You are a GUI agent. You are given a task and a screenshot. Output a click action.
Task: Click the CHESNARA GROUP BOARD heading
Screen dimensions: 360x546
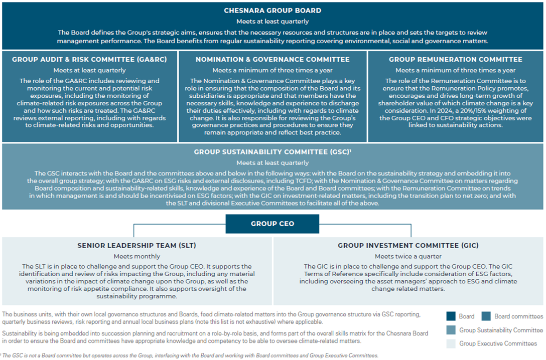click(272, 10)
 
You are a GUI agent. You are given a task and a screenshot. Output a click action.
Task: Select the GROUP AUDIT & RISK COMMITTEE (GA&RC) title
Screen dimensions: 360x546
click(89, 59)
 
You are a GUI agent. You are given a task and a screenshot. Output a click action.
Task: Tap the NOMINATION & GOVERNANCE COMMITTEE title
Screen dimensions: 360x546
click(272, 59)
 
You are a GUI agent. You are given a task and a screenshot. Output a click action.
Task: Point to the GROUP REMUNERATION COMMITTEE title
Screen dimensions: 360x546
click(455, 59)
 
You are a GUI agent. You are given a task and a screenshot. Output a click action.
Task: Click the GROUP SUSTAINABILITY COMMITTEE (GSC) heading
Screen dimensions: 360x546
click(272, 152)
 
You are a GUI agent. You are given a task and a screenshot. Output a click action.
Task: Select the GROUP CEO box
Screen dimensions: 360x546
click(272, 224)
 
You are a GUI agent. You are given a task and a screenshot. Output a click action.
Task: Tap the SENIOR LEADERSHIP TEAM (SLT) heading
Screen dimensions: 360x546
click(136, 246)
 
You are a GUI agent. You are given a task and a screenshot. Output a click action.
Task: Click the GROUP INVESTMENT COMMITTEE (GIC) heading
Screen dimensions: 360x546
click(408, 246)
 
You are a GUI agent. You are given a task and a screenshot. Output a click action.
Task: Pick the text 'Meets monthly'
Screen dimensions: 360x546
click(136, 256)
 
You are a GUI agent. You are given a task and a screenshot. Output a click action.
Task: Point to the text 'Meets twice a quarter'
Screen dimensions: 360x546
click(408, 256)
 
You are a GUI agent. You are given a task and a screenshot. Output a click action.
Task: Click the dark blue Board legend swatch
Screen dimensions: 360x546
click(451, 316)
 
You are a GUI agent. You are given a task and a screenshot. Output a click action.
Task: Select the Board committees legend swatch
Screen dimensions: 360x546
click(486, 316)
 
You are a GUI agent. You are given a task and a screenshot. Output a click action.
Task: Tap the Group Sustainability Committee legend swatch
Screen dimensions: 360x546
click(451, 330)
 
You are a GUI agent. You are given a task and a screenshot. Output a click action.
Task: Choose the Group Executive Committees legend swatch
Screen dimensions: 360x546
click(451, 343)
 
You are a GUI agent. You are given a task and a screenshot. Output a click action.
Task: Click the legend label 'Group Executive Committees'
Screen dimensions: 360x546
click(498, 343)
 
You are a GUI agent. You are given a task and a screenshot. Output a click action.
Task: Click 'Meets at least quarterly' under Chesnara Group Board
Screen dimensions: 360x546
click(272, 22)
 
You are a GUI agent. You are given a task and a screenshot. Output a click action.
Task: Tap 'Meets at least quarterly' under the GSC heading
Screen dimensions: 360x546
click(272, 162)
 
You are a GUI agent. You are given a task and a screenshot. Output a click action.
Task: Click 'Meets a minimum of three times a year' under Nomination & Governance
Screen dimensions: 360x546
click(272, 70)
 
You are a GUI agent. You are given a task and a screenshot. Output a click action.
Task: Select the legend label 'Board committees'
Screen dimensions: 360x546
click(518, 316)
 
